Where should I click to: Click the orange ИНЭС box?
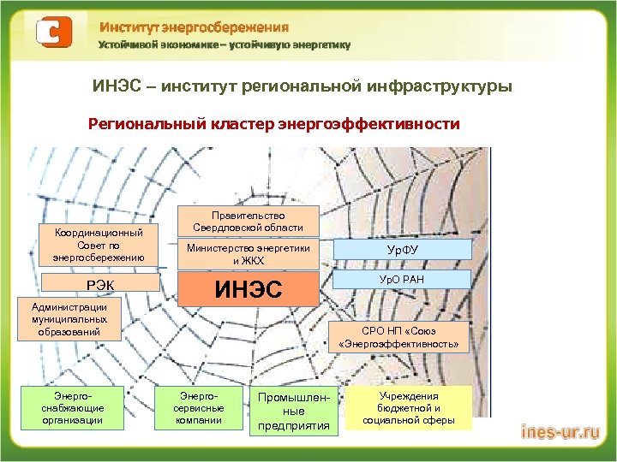coord(248,289)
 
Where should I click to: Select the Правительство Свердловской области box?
coord(248,221)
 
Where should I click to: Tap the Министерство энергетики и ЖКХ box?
coord(248,254)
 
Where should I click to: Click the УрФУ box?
coord(402,249)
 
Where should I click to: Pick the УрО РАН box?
coord(402,279)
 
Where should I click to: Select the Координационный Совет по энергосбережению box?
coord(99,245)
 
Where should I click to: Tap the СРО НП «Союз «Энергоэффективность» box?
coord(402,337)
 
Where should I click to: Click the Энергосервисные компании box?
coord(190,408)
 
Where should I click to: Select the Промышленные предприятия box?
coord(293,412)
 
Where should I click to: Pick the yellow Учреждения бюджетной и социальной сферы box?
coord(407,408)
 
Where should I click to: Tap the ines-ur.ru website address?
coord(560,433)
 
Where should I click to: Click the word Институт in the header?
coord(128,27)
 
